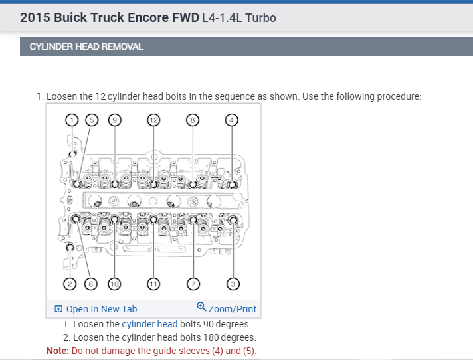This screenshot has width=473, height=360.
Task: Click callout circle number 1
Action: click(x=72, y=120)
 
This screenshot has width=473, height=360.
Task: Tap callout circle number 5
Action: click(x=92, y=120)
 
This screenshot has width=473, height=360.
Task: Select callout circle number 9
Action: click(x=115, y=120)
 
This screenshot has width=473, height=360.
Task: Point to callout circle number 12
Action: click(x=153, y=120)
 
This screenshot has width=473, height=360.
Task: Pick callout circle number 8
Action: click(x=193, y=120)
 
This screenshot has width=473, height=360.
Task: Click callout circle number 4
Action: click(x=232, y=120)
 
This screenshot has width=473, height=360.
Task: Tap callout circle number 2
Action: click(x=70, y=284)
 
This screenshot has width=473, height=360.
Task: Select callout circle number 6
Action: click(x=91, y=284)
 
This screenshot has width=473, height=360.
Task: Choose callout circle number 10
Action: click(x=114, y=284)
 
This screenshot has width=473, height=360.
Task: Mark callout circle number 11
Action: click(x=153, y=284)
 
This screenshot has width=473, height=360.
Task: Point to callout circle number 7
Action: click(x=193, y=284)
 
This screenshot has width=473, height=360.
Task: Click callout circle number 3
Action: click(x=233, y=284)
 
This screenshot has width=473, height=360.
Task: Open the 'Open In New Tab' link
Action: click(x=96, y=309)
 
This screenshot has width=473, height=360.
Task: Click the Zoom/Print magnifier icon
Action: click(x=201, y=307)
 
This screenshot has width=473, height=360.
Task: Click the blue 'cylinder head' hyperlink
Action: click(x=149, y=324)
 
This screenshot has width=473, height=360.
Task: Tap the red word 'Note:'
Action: click(x=58, y=351)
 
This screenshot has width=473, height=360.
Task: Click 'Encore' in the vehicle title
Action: click(x=148, y=17)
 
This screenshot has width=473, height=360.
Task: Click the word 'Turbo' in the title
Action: click(x=260, y=18)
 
